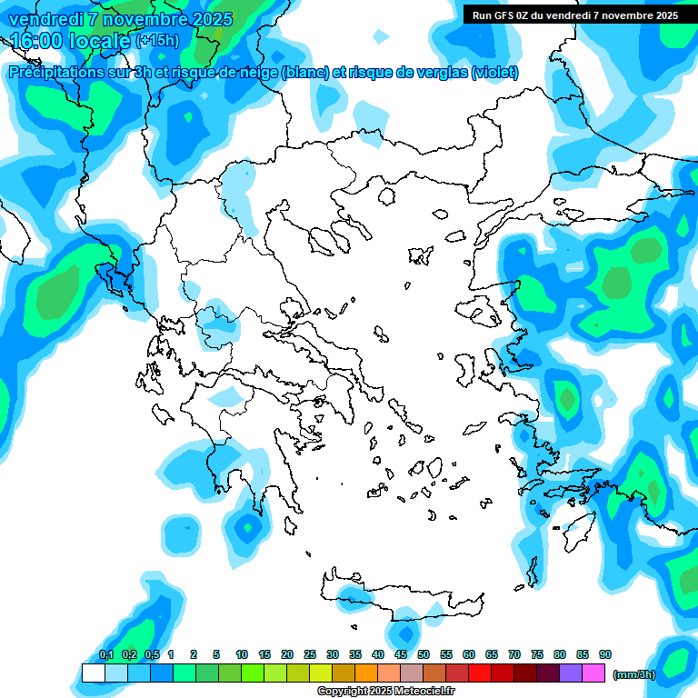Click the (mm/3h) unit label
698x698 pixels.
pyautogui.click(x=633, y=674)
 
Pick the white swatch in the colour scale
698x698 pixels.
pyautogui.click(x=93, y=673)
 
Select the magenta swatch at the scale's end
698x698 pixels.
pyautogui.click(x=593, y=673)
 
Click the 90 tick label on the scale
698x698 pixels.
pyautogui.click(x=604, y=654)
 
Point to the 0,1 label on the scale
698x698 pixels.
pyautogui.click(x=106, y=654)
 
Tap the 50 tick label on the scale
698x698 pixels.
pyautogui.click(x=424, y=654)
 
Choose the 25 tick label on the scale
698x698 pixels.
pyautogui.click(x=310, y=654)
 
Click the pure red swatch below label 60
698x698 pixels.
pyautogui.click(x=480, y=673)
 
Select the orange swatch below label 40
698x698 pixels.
pyautogui.click(x=366, y=673)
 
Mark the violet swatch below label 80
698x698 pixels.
pyautogui.click(x=571, y=673)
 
